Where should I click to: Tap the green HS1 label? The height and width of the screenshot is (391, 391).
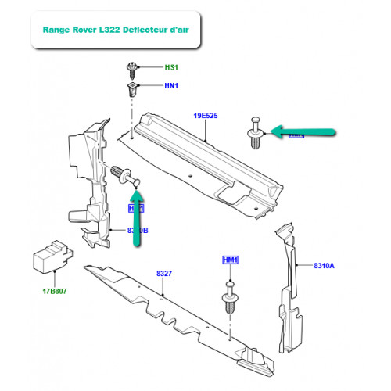(x=170, y=67)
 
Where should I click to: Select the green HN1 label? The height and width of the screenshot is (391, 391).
(x=170, y=86)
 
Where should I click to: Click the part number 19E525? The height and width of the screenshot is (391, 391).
(x=205, y=117)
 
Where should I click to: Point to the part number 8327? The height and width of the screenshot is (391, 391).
(x=163, y=273)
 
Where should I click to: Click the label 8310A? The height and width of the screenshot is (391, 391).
(x=324, y=266)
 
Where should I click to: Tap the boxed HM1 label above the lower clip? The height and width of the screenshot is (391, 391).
(x=230, y=260)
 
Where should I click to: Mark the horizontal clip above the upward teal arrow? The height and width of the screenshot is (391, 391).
(x=126, y=177)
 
